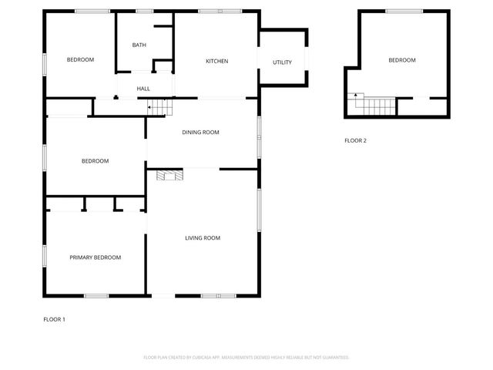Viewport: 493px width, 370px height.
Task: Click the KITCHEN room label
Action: (216, 62)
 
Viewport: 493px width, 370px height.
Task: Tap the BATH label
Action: (139, 45)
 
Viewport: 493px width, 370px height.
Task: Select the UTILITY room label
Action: (282, 62)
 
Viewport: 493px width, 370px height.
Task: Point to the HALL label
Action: (143, 89)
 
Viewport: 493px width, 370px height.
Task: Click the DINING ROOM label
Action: (200, 133)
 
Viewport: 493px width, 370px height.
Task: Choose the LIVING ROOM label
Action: (203, 238)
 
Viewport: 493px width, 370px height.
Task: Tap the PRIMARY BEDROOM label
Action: (96, 257)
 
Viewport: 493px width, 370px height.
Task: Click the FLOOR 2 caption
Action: (355, 140)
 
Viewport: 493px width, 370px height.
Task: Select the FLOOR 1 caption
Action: (54, 319)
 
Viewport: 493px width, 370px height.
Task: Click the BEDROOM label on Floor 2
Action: (401, 60)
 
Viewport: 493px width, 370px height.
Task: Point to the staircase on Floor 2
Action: (374, 105)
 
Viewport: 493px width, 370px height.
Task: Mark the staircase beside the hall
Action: (158, 106)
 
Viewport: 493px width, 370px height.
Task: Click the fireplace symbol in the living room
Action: (170, 176)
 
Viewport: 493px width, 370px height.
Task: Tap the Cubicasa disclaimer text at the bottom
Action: (246, 358)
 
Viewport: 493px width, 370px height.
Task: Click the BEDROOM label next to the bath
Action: (80, 60)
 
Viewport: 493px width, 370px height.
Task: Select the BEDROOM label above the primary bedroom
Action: (95, 161)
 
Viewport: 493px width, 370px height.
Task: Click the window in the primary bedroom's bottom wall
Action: (96, 296)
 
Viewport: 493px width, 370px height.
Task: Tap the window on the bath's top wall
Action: (144, 11)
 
